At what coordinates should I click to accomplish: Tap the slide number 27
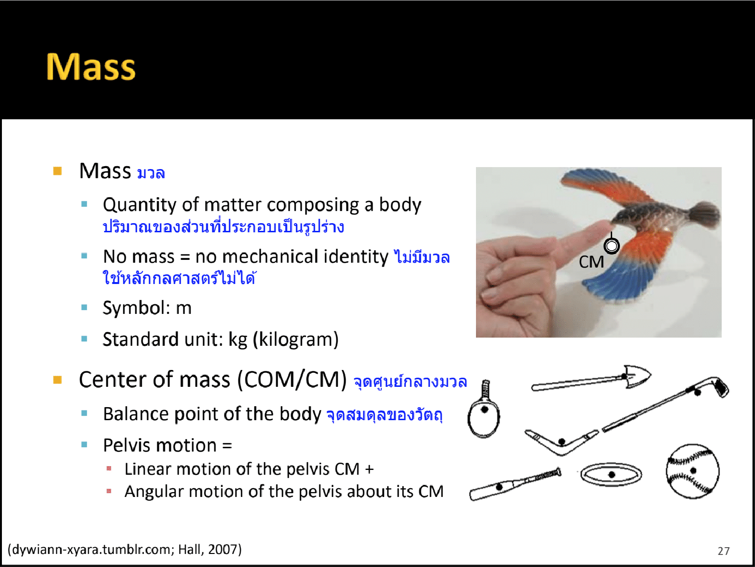724,551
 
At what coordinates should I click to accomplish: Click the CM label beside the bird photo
591,262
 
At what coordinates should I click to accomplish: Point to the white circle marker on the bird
611,246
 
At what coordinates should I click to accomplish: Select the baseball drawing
692,471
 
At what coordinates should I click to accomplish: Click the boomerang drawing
561,442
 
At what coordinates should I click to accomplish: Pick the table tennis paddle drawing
484,409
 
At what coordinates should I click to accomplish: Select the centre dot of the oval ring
611,475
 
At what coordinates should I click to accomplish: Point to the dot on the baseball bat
499,487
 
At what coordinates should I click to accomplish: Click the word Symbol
136,308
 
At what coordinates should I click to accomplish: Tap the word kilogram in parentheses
296,340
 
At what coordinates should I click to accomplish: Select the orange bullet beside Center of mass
57,380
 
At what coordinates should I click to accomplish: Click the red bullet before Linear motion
109,468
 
